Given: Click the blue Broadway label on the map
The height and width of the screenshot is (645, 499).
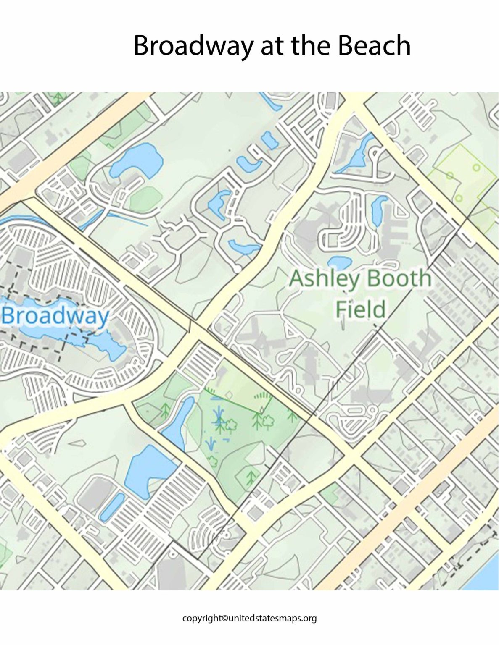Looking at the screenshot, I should [x=55, y=316].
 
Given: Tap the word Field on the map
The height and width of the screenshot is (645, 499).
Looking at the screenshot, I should [x=360, y=309].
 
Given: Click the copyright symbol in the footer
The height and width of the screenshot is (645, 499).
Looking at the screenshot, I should [x=225, y=618].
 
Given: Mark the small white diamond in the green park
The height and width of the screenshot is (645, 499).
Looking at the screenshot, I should [x=229, y=395].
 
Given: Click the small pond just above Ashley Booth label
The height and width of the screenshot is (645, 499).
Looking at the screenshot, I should [x=339, y=262].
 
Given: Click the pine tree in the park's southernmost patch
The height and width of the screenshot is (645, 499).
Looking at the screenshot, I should [x=251, y=476].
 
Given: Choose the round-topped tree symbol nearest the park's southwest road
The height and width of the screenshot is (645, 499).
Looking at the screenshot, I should [x=212, y=461].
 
